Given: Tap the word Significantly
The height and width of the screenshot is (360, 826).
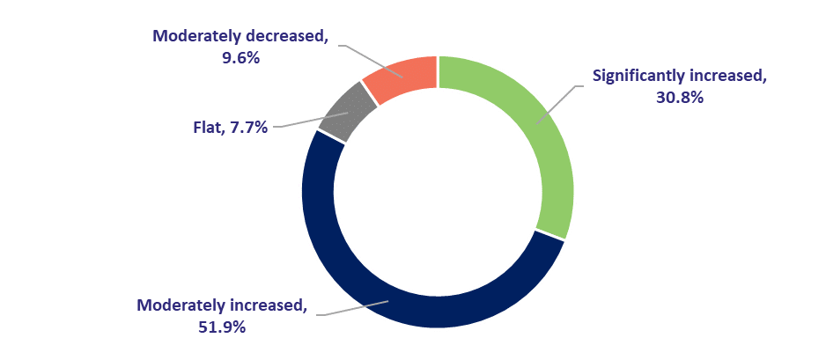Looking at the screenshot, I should [633, 76].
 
